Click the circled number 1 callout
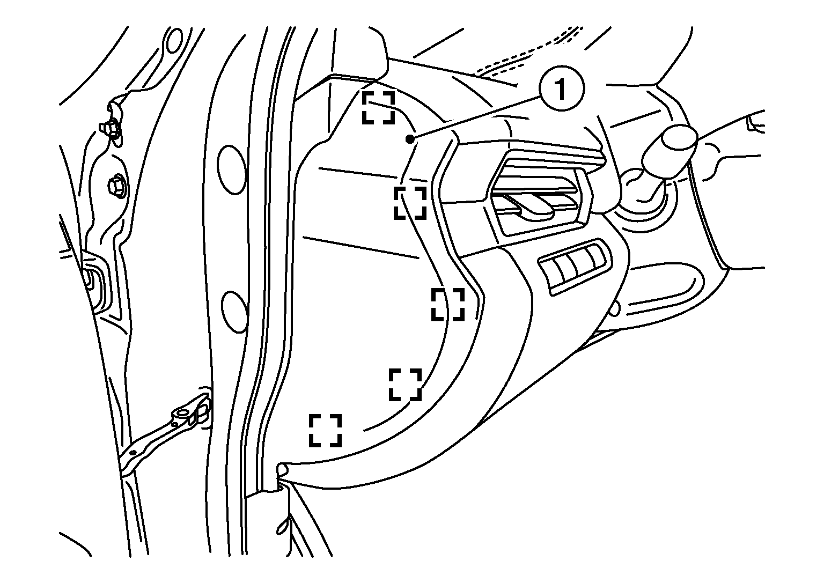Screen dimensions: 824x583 point(561,88)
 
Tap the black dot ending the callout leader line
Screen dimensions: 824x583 point(409,139)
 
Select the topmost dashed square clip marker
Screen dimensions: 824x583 point(379,107)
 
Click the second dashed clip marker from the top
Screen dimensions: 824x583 point(410,203)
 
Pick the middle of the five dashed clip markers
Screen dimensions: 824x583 point(448,305)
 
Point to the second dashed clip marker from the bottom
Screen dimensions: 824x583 point(406,385)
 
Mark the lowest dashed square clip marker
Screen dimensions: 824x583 point(325,431)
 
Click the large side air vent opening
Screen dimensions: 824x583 point(540,195)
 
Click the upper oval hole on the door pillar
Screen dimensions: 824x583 point(231,169)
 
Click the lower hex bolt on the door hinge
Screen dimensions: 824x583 point(117,186)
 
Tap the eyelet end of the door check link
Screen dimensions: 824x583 point(183,415)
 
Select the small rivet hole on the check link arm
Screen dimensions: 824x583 point(134,453)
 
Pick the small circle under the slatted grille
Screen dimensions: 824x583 point(614,309)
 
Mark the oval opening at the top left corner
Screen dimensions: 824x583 point(174,40)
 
